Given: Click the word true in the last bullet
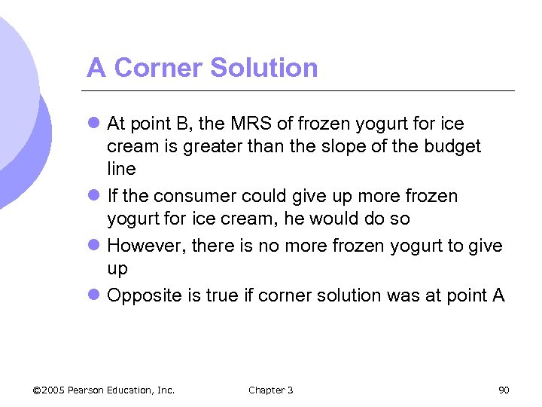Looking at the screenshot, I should pyautogui.click(x=229, y=295).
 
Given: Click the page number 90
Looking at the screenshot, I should pyautogui.click(x=504, y=390).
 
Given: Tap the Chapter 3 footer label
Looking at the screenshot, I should pyautogui.click(x=271, y=390).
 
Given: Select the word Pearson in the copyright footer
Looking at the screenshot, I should pyautogui.click(x=89, y=390).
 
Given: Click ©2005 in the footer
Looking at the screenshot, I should pyautogui.click(x=48, y=390).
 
